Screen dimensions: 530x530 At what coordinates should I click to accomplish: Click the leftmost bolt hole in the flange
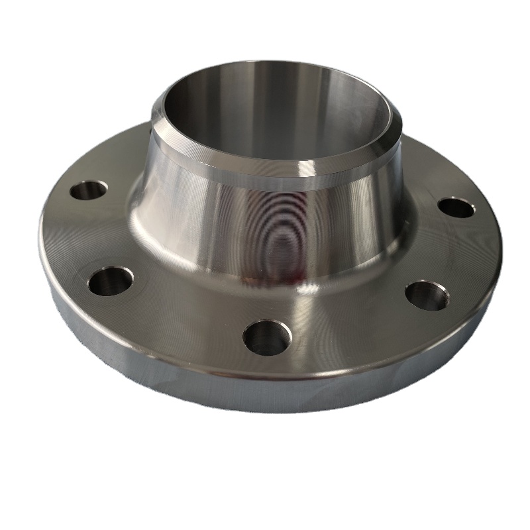pyautogui.click(x=88, y=190)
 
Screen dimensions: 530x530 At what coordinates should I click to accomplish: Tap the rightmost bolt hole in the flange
pyautogui.click(x=456, y=207)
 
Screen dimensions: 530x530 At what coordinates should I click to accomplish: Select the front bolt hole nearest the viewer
pyautogui.click(x=267, y=337)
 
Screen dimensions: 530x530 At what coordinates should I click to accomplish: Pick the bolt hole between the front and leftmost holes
pyautogui.click(x=110, y=281)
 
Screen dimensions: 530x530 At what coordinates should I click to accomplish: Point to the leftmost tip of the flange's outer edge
pyautogui.click(x=40, y=252)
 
